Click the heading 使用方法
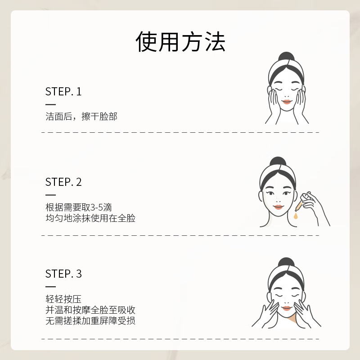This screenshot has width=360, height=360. [x=180, y=42]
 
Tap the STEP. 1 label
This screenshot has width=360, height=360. [x=63, y=92]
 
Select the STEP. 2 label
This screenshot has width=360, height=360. [x=63, y=182]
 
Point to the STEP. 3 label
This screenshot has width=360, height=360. [x=63, y=274]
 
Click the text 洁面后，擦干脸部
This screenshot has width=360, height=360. [x=81, y=117]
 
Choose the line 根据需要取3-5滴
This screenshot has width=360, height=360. [x=78, y=208]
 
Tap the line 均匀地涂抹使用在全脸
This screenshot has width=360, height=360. [x=90, y=219]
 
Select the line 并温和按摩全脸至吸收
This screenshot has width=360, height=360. [x=90, y=310]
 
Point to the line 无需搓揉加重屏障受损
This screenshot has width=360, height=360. [x=90, y=321]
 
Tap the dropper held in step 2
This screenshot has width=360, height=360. [x=302, y=202]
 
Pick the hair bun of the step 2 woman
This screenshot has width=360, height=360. [x=278, y=162]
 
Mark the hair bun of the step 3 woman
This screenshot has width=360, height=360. [x=286, y=263]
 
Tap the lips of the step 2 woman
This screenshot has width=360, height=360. [x=278, y=207]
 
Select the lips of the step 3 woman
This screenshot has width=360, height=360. [x=286, y=307]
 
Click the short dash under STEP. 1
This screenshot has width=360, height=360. [x=50, y=104]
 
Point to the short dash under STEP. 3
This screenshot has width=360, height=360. [x=50, y=287]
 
